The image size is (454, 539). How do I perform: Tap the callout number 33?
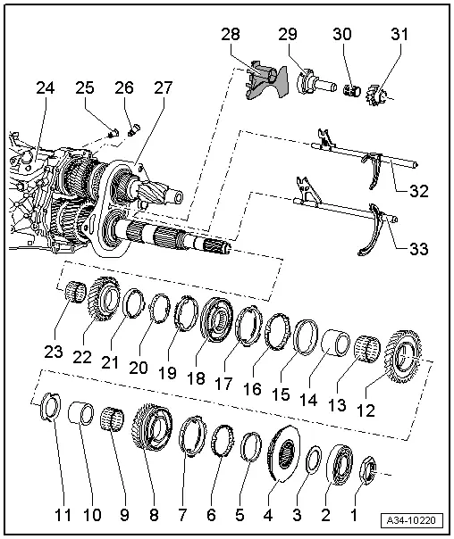[416, 248]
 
